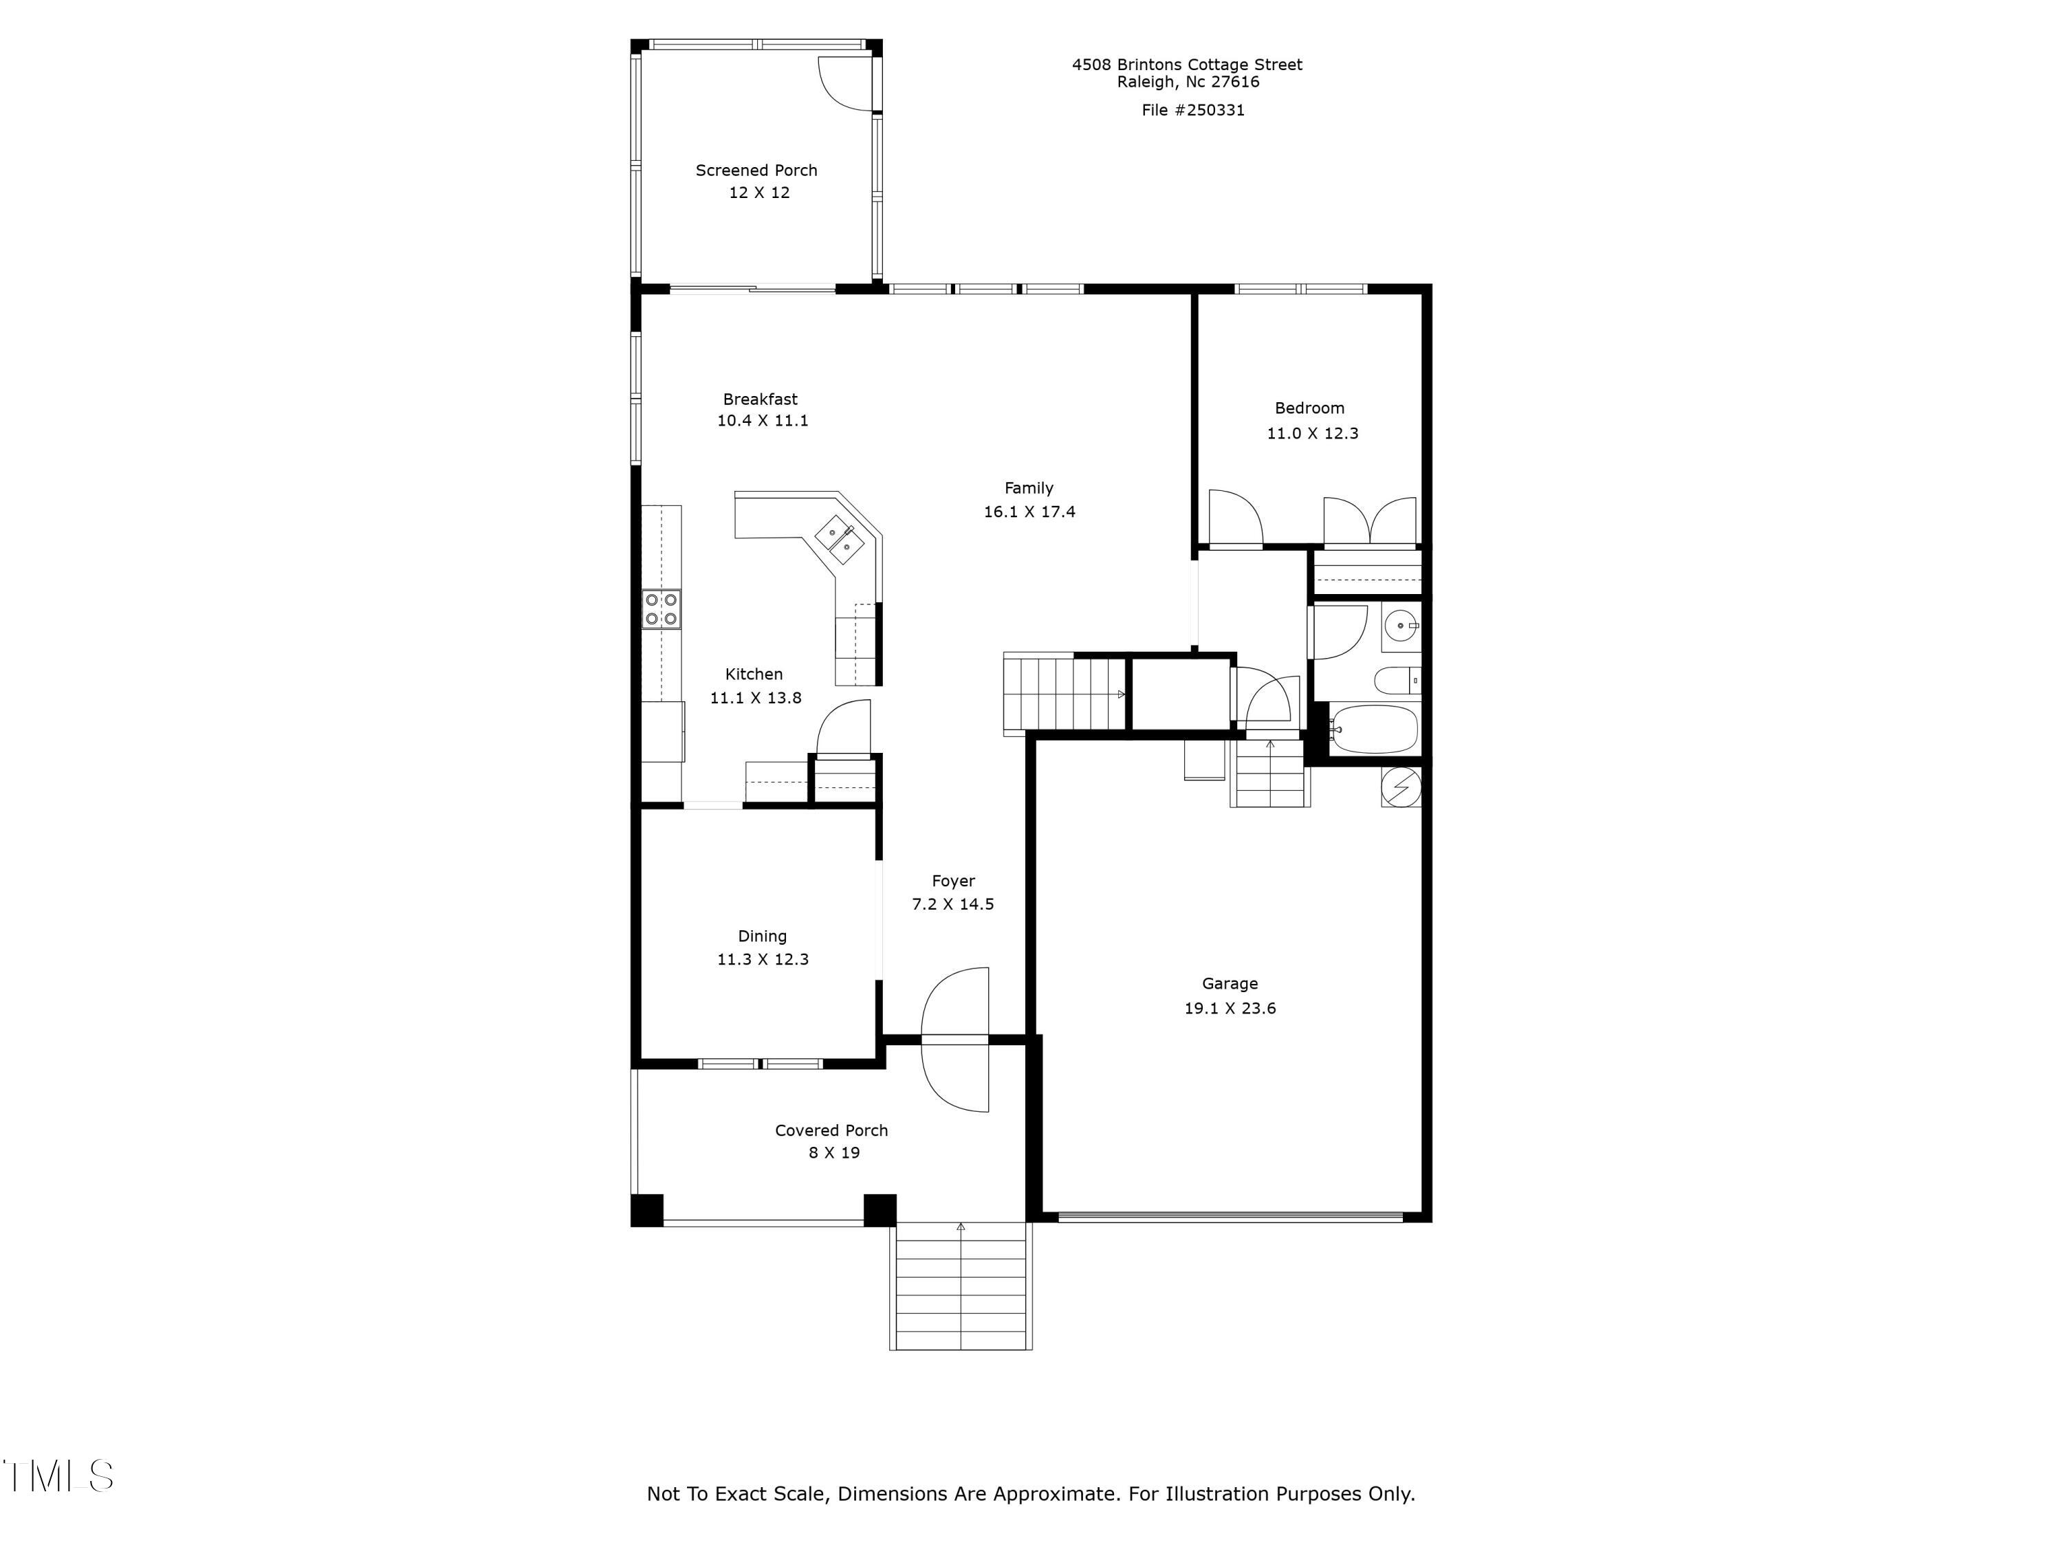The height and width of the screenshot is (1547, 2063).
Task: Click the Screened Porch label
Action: (756, 171)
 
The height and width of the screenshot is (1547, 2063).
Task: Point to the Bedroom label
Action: (1309, 408)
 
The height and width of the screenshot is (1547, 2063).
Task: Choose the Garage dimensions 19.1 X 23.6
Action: (1230, 1008)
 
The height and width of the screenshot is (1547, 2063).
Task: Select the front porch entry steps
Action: (960, 1287)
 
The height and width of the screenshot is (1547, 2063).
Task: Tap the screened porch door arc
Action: (844, 83)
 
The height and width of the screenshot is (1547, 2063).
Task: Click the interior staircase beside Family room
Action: (1063, 694)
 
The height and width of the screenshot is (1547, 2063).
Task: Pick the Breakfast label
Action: (759, 399)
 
